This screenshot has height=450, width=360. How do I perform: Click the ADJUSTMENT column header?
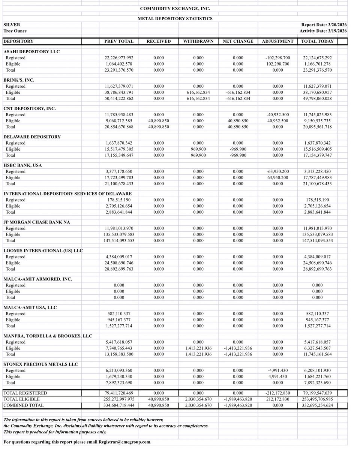pyautogui.click(x=277, y=41)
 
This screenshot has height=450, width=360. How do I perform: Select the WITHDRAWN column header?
pyautogui.click(x=198, y=41)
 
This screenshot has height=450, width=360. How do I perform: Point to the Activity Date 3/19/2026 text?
pyautogui.click(x=324, y=31)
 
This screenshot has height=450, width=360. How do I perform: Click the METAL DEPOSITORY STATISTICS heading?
pyautogui.click(x=175, y=18)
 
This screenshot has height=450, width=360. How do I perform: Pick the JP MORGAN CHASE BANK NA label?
pyautogui.click(x=37, y=222)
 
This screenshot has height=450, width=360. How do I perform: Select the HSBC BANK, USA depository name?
pyautogui.click(x=22, y=165)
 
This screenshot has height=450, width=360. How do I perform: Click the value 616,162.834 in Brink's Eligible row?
pyautogui.click(x=198, y=92)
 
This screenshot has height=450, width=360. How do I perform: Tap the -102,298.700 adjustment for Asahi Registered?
pyautogui.click(x=277, y=58)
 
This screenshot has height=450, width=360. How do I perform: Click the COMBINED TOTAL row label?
pyautogui.click(x=23, y=405)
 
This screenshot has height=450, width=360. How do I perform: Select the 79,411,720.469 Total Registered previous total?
pyautogui.click(x=119, y=393)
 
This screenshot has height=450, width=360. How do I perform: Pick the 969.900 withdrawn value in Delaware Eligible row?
pyautogui.click(x=198, y=149)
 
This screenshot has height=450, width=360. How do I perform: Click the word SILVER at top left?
pyautogui.click(x=12, y=25)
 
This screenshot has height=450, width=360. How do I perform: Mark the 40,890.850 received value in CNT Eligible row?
pyautogui.click(x=159, y=121)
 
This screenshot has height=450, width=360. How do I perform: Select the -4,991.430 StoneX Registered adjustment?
pyautogui.click(x=277, y=370)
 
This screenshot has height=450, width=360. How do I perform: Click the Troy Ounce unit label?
pyautogui.click(x=15, y=31)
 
